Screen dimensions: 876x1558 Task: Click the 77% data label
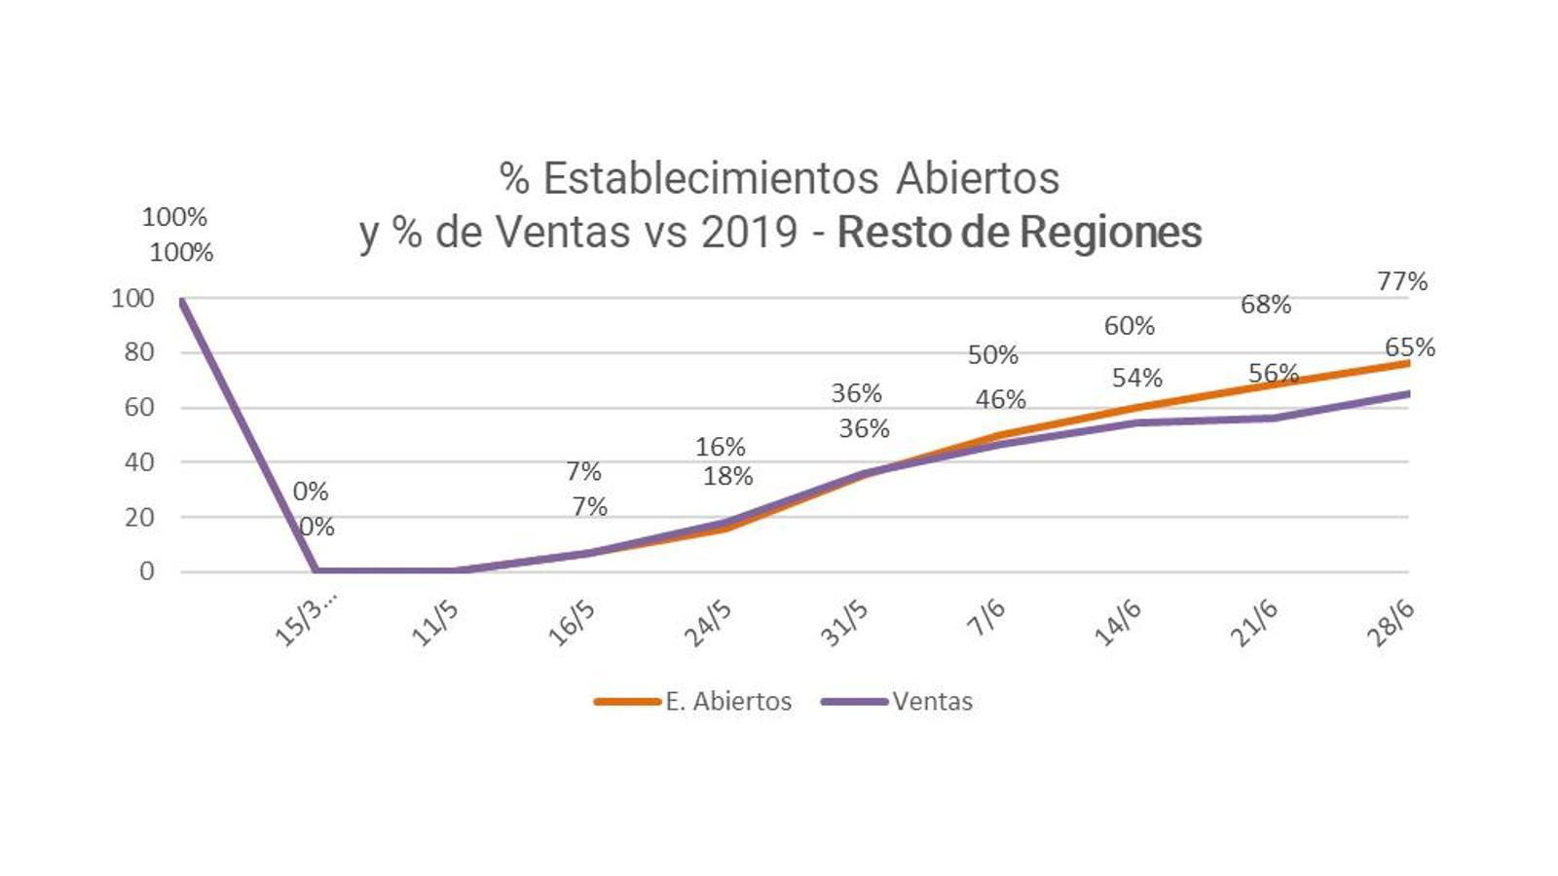pyautogui.click(x=1402, y=281)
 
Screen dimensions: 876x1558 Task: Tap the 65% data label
pyautogui.click(x=1410, y=347)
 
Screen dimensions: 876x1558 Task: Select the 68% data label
pyautogui.click(x=1266, y=305)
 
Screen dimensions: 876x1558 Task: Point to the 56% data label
pyautogui.click(x=1274, y=373)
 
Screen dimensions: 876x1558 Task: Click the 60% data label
pyautogui.click(x=1130, y=326)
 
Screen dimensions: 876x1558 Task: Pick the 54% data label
pyautogui.click(x=1137, y=378)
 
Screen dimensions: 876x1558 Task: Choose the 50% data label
pyautogui.click(x=993, y=355)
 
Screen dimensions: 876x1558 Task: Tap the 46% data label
pyautogui.click(x=1001, y=399)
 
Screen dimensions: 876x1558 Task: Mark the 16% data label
pyautogui.click(x=721, y=447)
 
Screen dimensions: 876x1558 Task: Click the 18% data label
pyautogui.click(x=728, y=476)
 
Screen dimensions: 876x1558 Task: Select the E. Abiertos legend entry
pyautogui.click(x=727, y=701)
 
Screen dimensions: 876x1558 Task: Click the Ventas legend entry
pyautogui.click(x=932, y=701)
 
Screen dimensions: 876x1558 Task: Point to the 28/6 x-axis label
pyautogui.click(x=1391, y=622)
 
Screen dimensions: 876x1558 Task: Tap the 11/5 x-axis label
pyautogui.click(x=435, y=623)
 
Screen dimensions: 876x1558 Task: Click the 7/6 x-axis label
pyautogui.click(x=986, y=618)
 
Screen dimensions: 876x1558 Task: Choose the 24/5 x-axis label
pyautogui.click(x=708, y=623)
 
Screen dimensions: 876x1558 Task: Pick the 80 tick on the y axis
pyautogui.click(x=139, y=352)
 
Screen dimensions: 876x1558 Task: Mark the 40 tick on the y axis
pyautogui.click(x=139, y=462)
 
